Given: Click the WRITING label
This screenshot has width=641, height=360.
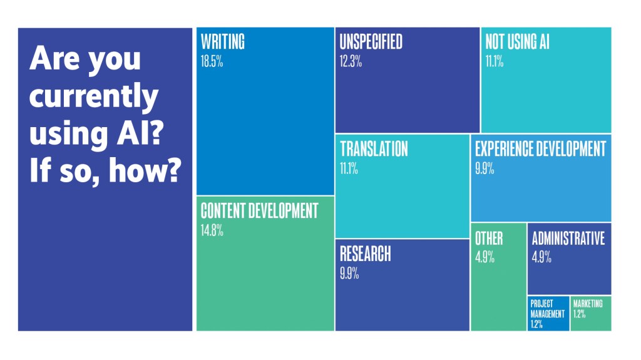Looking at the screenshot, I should click(222, 42).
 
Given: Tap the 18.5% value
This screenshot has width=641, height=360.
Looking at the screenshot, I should click(212, 62).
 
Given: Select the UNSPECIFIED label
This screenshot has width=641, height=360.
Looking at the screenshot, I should click(371, 42).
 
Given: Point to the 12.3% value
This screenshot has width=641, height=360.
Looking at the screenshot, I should click(351, 62).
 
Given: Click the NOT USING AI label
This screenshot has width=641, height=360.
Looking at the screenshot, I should click(517, 42).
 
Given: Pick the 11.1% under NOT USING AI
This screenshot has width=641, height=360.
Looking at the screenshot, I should click(494, 62).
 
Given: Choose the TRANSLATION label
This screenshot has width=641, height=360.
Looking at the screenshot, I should click(374, 149).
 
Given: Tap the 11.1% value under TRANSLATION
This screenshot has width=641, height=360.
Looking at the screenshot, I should click(349, 169).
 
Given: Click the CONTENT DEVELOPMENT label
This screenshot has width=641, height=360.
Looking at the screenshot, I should click(259, 211).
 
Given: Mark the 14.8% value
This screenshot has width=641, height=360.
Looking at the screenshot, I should click(212, 231).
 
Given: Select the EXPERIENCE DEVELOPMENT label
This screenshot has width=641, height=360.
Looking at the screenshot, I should click(540, 149).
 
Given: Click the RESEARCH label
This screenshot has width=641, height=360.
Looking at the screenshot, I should click(365, 254).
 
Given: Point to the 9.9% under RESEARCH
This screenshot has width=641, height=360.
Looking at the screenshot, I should click(349, 274).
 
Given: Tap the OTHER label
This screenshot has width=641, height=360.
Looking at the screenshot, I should click(488, 239).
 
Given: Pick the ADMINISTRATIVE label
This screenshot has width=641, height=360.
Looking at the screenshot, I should click(568, 239).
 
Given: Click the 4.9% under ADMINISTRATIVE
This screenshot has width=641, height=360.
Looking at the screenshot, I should click(541, 257).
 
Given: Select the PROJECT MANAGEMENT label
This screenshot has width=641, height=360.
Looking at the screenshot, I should click(547, 309).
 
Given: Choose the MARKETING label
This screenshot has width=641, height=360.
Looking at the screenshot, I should click(588, 304).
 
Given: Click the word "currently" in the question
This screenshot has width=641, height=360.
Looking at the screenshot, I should click(94, 98).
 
